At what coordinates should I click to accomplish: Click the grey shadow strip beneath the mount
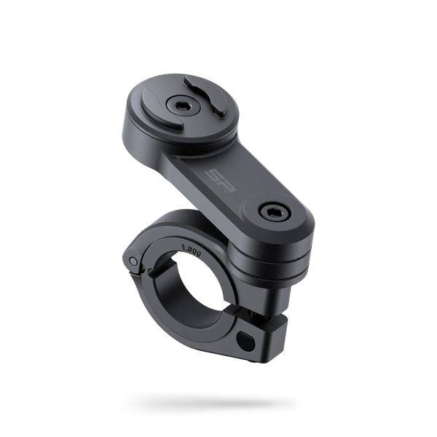click(x=211, y=401)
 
